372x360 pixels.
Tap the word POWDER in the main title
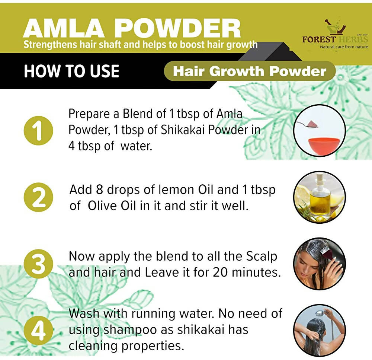point(179,29)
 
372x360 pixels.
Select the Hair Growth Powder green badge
point(250,71)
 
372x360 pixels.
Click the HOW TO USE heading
point(71,71)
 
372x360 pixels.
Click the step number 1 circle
point(38,130)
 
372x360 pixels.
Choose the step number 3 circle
point(38,264)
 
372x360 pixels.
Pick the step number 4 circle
point(38,331)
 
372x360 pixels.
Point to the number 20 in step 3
point(221,272)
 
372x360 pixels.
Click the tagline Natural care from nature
point(344,47)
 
